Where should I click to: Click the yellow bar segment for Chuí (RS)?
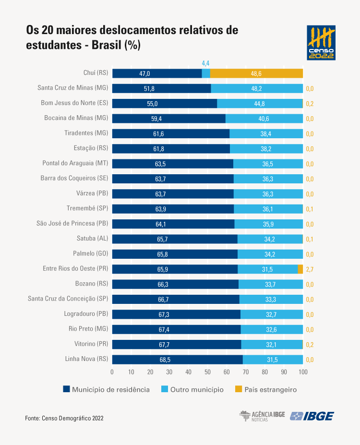tap(256, 73)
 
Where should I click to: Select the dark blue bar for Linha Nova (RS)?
tap(177, 360)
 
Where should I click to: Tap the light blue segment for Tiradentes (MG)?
tap(266, 133)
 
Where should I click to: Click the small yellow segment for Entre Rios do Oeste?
tap(300, 269)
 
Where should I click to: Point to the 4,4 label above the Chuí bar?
tap(205, 63)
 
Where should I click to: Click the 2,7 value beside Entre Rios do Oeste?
tap(310, 269)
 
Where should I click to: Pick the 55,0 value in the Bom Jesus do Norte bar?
tap(152, 104)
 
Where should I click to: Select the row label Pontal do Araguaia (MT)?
tap(75, 163)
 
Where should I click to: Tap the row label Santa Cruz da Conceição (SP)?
tap(68, 299)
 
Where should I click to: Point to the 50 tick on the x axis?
tap(207, 372)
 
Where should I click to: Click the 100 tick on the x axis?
tap(303, 372)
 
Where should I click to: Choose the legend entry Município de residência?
tap(110, 389)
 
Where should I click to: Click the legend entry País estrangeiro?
tap(270, 389)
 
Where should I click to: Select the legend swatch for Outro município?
tap(161, 389)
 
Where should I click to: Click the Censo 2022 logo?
tap(321, 43)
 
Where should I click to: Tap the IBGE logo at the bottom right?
tap(312, 416)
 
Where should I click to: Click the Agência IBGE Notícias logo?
tap(262, 416)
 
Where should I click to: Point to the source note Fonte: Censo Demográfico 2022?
tap(64, 418)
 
